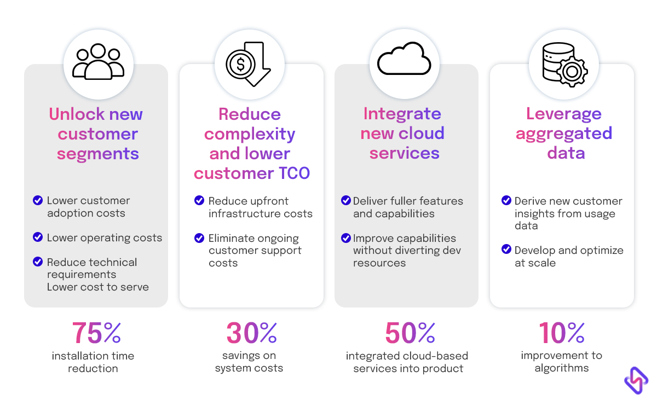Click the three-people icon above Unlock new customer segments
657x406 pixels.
click(98, 61)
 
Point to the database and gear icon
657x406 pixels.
click(563, 61)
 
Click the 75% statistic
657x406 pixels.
click(96, 332)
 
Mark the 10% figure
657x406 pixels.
click(562, 332)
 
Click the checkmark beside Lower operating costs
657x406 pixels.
click(38, 237)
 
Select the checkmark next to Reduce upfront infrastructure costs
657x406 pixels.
click(199, 201)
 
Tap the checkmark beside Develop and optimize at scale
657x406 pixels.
click(506, 250)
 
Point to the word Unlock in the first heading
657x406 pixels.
click(77, 114)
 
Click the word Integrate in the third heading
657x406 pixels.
click(402, 114)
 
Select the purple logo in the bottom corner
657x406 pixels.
click(636, 379)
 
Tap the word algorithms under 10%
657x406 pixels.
click(561, 368)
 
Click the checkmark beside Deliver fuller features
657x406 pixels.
click(346, 201)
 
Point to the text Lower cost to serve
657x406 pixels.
click(97, 287)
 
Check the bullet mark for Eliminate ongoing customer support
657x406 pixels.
click(199, 238)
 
